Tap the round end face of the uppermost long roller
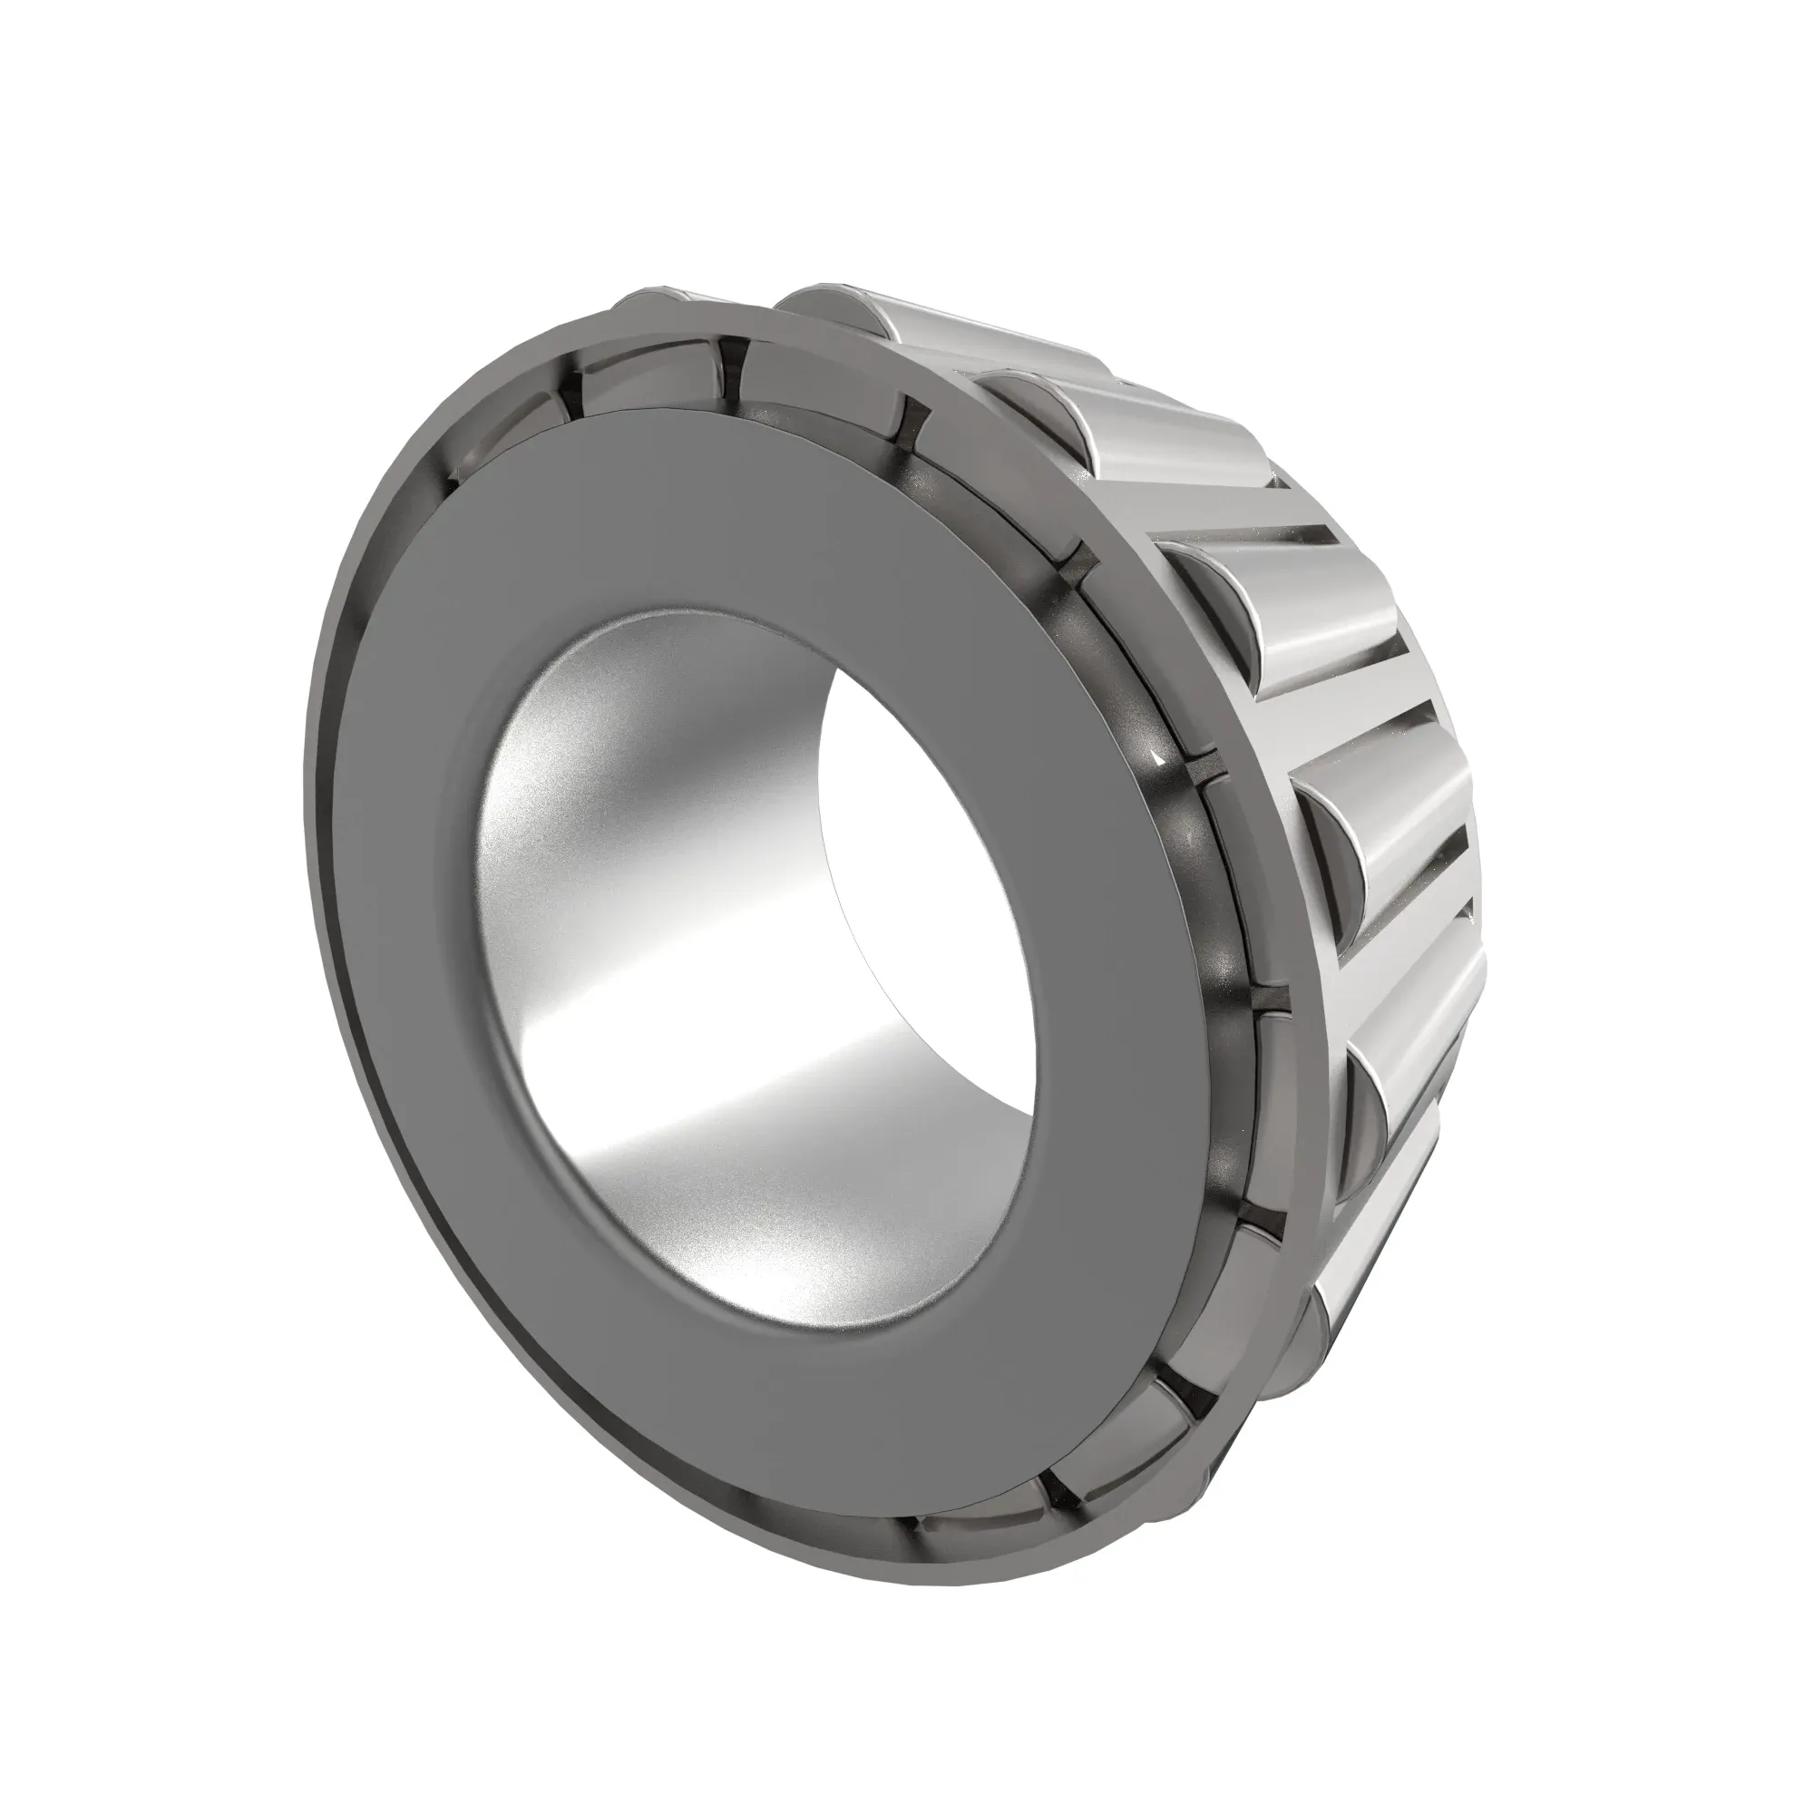[826, 310]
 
